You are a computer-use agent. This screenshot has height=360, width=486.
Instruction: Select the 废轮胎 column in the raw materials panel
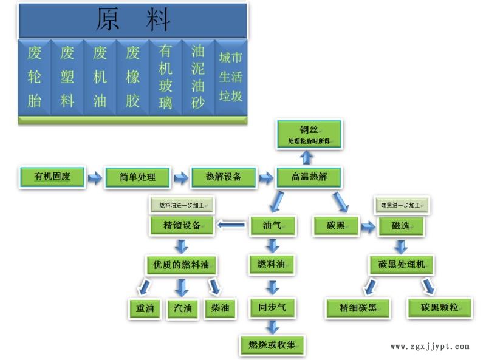pos(35,77)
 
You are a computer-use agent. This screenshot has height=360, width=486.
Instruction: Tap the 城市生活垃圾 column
pos(231,77)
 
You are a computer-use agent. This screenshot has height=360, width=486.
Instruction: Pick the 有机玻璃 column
pos(165,77)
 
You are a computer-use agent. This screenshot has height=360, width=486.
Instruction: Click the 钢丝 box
pos(309,134)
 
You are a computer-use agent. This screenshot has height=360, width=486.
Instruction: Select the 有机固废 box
pos(52,177)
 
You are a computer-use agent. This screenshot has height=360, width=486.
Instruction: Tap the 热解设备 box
pos(224,177)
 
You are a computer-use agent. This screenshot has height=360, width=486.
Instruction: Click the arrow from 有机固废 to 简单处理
pos(95,178)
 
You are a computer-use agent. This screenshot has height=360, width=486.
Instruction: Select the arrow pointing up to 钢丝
pos(307,157)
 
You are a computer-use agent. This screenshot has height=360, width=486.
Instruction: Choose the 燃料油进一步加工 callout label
pos(182,205)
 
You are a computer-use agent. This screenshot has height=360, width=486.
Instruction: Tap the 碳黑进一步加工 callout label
pos(401,205)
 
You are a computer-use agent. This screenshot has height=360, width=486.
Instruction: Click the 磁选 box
pos(400,226)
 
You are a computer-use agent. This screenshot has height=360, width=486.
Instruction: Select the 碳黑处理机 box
pos(405,265)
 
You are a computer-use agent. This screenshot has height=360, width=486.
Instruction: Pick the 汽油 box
pos(182,308)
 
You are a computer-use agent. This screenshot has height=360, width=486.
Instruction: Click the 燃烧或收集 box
pos(272,345)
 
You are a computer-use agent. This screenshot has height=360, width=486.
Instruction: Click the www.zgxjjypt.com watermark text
pos(430,347)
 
